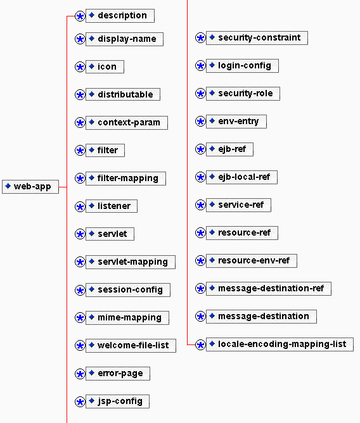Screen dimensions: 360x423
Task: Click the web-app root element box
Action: pos(30,187)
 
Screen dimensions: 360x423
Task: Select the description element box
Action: pos(120,16)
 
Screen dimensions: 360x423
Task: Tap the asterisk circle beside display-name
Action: pos(80,39)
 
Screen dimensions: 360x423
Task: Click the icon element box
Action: pos(105,66)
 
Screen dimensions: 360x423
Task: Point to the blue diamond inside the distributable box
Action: pos(91,94)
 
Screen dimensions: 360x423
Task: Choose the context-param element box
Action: pos(127,123)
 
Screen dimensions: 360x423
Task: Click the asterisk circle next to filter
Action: pos(80,151)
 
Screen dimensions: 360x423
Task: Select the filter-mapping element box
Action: pos(125,179)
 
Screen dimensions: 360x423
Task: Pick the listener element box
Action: pos(112,206)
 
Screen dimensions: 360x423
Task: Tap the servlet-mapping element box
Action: pos(131,262)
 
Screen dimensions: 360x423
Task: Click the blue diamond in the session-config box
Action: pos(91,289)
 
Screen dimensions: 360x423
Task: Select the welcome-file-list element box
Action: pos(131,346)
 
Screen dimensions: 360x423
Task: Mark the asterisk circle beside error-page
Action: pos(80,374)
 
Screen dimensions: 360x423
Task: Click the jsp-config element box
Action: pos(117,401)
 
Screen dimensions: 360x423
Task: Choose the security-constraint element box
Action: pos(257,38)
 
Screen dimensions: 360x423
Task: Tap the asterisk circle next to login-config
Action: pos(200,66)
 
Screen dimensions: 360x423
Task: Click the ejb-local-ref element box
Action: pos(241,177)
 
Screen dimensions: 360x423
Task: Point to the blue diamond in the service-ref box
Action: pos(212,205)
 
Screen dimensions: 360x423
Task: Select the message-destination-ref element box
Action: pos(269,289)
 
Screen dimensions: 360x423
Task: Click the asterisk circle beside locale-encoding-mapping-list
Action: pos(200,344)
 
